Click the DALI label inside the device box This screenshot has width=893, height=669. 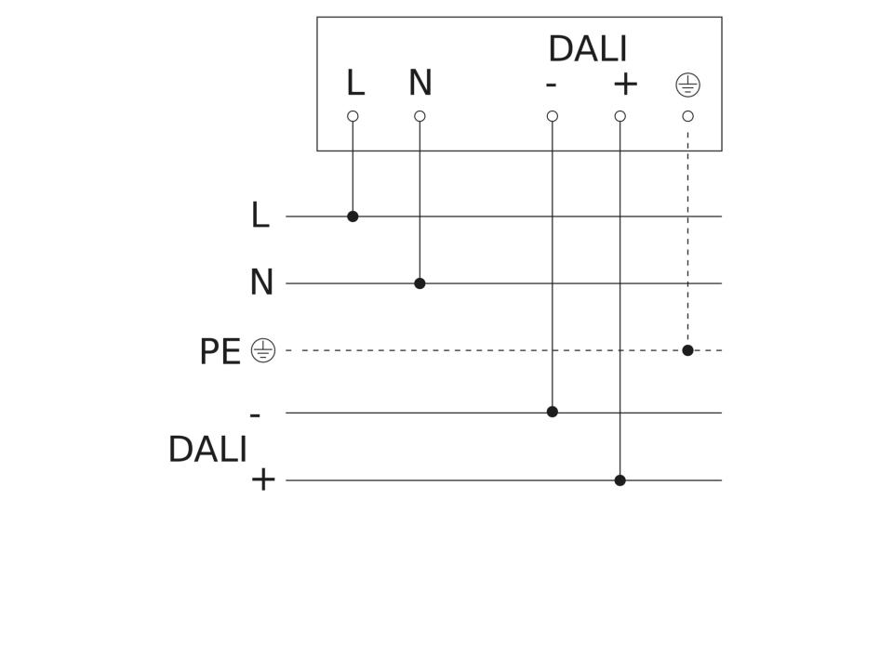[588, 49]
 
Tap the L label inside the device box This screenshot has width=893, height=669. [355, 83]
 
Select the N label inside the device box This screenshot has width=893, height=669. [420, 83]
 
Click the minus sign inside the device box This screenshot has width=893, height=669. [551, 85]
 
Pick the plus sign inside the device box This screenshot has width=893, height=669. [625, 85]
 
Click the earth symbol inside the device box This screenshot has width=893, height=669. [688, 85]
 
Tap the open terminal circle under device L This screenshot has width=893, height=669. [353, 117]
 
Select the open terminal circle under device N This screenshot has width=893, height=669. [420, 117]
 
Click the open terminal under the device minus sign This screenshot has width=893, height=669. [552, 117]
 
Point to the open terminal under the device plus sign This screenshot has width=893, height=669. [620, 117]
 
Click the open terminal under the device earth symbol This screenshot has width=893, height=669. [688, 117]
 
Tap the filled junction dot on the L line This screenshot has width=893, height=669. [353, 216]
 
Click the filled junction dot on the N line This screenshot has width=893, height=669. [420, 283]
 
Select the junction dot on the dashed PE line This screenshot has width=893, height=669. [688, 350]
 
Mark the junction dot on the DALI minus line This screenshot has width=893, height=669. [552, 412]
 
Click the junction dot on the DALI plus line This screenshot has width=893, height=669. [620, 480]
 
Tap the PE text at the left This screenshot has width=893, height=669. [220, 351]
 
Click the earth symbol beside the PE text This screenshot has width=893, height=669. [263, 350]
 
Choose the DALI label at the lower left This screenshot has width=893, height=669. [207, 450]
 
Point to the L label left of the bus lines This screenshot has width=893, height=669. [260, 216]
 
